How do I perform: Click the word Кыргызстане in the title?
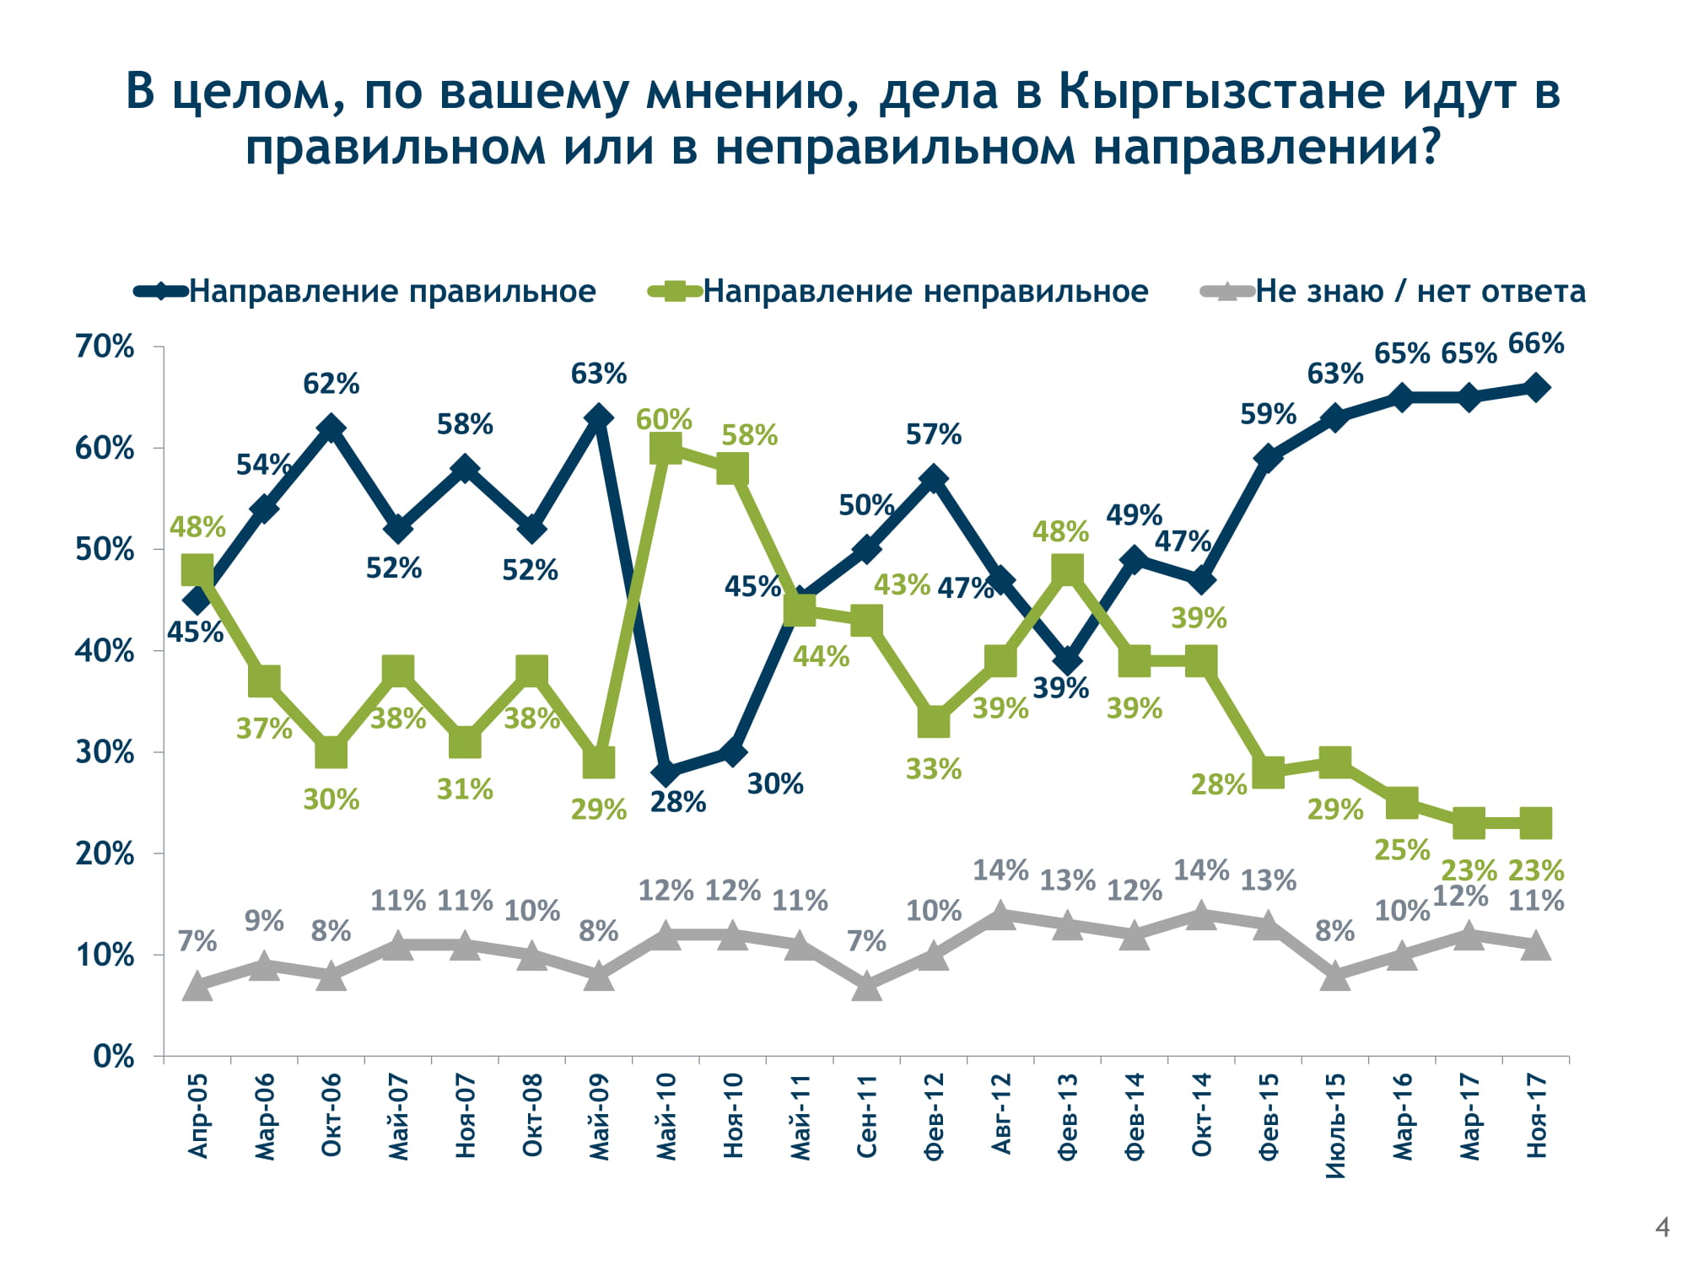(1221, 92)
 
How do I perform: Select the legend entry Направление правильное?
(392, 292)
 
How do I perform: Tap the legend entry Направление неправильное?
(925, 292)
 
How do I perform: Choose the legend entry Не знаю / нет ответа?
(1420, 292)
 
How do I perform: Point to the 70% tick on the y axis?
(105, 347)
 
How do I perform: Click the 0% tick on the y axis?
(114, 1057)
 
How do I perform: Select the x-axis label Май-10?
(666, 1116)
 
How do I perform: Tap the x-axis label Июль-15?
(1335, 1124)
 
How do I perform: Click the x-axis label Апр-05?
(197, 1116)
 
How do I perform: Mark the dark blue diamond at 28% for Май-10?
(666, 772)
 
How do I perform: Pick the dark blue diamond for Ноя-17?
(1536, 388)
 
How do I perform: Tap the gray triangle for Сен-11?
(866, 985)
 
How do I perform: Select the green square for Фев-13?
(1067, 569)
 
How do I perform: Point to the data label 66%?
(1536, 344)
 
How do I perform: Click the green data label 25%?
(1402, 850)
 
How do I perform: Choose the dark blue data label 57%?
(934, 435)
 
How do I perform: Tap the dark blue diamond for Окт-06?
(331, 428)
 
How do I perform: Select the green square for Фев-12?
(934, 722)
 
